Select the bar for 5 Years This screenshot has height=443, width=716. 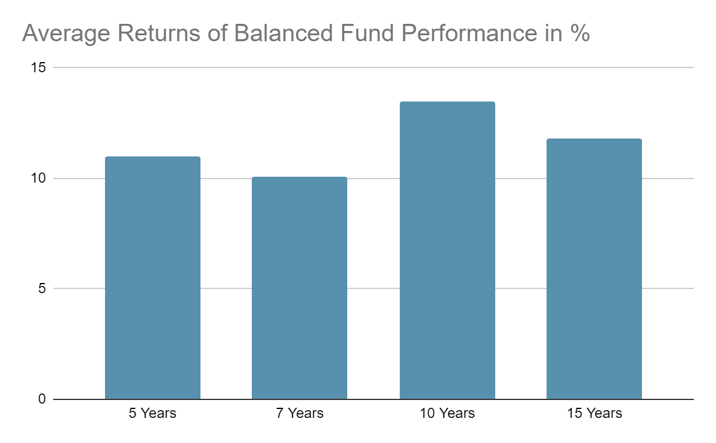click(x=153, y=278)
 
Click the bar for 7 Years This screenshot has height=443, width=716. click(x=300, y=288)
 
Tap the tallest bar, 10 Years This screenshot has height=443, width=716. click(x=447, y=250)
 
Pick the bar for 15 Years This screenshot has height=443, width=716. click(x=594, y=269)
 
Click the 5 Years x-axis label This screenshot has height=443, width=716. click(x=153, y=413)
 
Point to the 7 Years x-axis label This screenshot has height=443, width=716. click(x=300, y=413)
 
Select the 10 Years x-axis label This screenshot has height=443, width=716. click(x=447, y=413)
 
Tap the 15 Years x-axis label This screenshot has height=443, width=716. click(x=594, y=413)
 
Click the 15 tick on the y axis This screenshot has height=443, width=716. click(x=38, y=67)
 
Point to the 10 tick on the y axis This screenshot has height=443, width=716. click(x=38, y=178)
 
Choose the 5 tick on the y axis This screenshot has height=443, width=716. click(x=42, y=288)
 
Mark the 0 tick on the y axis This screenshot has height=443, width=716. click(x=42, y=399)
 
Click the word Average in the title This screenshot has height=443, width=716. click(x=66, y=34)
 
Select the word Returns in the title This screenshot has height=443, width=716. click(x=159, y=33)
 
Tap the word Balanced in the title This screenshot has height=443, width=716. click(x=283, y=33)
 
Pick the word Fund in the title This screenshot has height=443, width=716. click(x=367, y=33)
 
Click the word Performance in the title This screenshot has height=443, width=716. click(x=469, y=33)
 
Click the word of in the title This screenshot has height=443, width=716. click(x=217, y=33)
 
